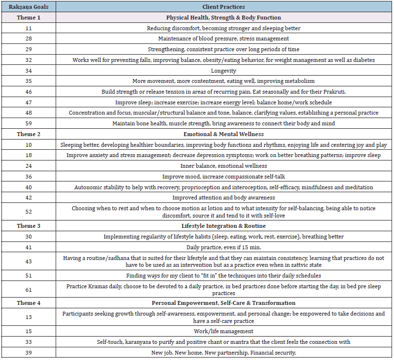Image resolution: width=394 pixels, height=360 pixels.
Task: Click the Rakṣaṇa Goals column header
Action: tap(29, 7)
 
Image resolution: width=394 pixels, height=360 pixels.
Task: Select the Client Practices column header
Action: tap(224, 7)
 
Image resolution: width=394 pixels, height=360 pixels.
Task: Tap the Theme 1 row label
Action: tap(29, 18)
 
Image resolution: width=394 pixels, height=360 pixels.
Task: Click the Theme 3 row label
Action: tap(29, 226)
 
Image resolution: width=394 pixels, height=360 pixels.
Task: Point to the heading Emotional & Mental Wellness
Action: tap(224, 134)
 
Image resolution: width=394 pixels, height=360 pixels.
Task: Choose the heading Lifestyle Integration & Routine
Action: tap(224, 226)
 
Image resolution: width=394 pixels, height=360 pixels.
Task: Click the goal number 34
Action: tap(29, 70)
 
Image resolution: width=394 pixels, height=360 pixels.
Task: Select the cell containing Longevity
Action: tap(224, 70)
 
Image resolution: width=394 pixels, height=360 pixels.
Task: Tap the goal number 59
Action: tap(29, 123)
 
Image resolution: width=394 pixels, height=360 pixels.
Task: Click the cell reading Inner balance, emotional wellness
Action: tap(224, 165)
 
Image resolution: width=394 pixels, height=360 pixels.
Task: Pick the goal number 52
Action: tap(29, 212)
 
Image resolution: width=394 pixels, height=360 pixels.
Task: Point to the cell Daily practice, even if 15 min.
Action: tap(224, 247)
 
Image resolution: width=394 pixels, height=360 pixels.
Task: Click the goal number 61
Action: tap(29, 290)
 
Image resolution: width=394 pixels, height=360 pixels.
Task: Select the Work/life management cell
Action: tap(224, 331)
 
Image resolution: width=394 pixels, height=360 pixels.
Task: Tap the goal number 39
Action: tap(29, 353)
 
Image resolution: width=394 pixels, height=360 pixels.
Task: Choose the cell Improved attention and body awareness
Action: tap(224, 198)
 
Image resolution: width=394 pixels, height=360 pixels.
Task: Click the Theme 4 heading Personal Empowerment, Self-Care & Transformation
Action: tap(224, 303)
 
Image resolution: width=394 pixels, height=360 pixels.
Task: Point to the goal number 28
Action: tap(29, 39)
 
